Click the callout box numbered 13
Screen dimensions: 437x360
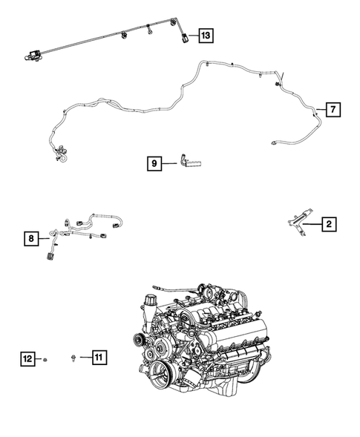(x=204, y=35)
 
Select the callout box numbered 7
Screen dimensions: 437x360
(x=333, y=111)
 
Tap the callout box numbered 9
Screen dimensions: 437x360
(x=154, y=163)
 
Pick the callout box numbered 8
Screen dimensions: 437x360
(x=30, y=238)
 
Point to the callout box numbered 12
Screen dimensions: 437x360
(x=27, y=359)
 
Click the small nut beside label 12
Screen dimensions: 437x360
(x=46, y=360)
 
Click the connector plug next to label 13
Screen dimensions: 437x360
(x=184, y=36)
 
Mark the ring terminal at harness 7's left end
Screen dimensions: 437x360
(x=62, y=157)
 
